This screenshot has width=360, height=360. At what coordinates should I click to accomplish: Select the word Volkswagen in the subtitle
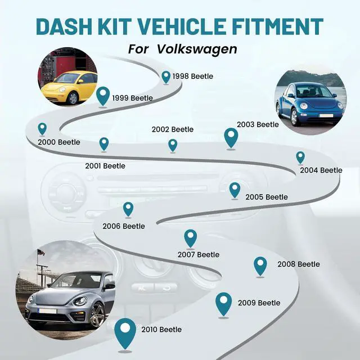tap(197, 48)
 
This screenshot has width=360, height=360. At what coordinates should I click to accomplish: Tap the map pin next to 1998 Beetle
tap(166, 76)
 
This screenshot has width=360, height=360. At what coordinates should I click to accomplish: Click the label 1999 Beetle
tap(132, 98)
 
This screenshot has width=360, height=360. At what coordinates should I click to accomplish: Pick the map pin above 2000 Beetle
tap(42, 128)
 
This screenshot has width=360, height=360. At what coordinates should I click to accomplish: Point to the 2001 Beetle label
tap(105, 166)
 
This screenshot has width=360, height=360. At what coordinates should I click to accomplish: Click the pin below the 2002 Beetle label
tap(173, 145)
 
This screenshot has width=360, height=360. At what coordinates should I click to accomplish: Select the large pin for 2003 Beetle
tap(231, 136)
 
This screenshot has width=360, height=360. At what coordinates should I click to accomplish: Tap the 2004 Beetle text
tap(321, 170)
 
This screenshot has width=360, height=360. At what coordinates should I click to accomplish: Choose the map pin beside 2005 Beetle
tap(235, 189)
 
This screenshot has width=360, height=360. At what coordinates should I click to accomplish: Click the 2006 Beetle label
tap(123, 226)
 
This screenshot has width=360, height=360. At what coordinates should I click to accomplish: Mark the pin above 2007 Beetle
tap(191, 237)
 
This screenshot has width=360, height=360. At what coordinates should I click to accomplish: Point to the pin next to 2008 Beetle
tap(260, 265)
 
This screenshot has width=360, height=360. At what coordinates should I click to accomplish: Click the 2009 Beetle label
tap(259, 303)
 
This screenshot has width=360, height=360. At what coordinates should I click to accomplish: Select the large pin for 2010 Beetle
tap(125, 332)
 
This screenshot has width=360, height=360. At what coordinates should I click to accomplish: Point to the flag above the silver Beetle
tap(40, 252)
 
